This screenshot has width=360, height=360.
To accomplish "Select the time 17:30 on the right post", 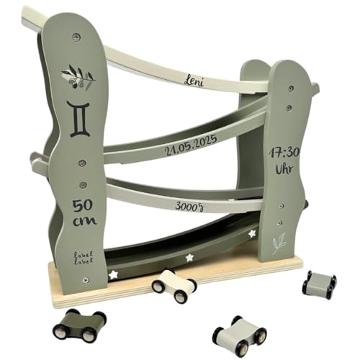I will pos(283,153).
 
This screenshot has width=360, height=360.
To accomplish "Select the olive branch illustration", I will pos(78,77).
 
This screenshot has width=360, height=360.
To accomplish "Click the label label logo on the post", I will pos(82,256).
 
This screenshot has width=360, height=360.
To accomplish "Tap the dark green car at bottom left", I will pos(78,323).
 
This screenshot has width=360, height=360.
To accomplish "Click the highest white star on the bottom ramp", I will pos(251,234).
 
